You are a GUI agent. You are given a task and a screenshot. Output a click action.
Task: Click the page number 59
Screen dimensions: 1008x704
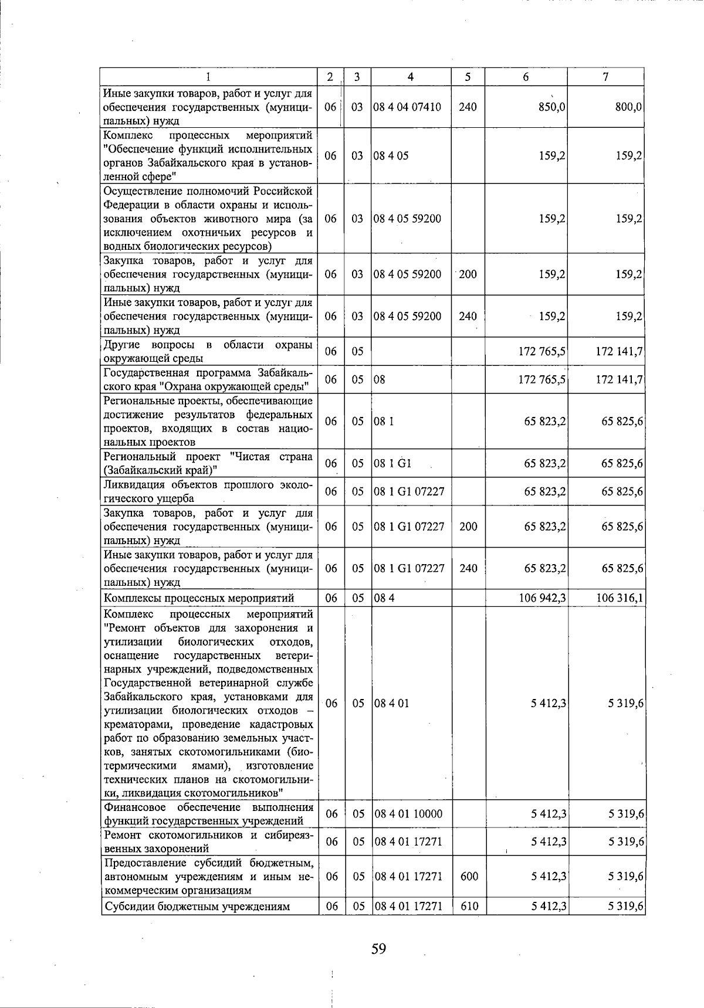click(x=378, y=948)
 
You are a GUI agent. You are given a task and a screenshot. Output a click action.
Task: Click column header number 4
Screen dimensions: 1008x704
click(x=411, y=77)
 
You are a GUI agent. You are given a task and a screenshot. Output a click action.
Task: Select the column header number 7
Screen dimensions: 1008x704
click(x=605, y=77)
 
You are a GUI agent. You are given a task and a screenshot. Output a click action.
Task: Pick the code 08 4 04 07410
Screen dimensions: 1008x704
click(x=408, y=107)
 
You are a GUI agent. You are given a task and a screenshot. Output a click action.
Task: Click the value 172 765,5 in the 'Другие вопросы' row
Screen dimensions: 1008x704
click(x=542, y=351)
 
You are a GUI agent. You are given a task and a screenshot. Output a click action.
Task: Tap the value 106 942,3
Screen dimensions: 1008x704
click(x=542, y=598)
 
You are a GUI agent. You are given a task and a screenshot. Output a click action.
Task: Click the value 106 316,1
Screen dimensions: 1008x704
click(x=620, y=598)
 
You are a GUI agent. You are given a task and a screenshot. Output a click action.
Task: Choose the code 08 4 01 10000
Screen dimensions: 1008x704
click(x=408, y=814)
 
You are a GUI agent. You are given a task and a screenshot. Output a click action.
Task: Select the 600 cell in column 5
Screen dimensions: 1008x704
click(x=469, y=876)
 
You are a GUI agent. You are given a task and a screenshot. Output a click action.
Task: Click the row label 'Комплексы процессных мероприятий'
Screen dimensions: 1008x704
click(x=199, y=598)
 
